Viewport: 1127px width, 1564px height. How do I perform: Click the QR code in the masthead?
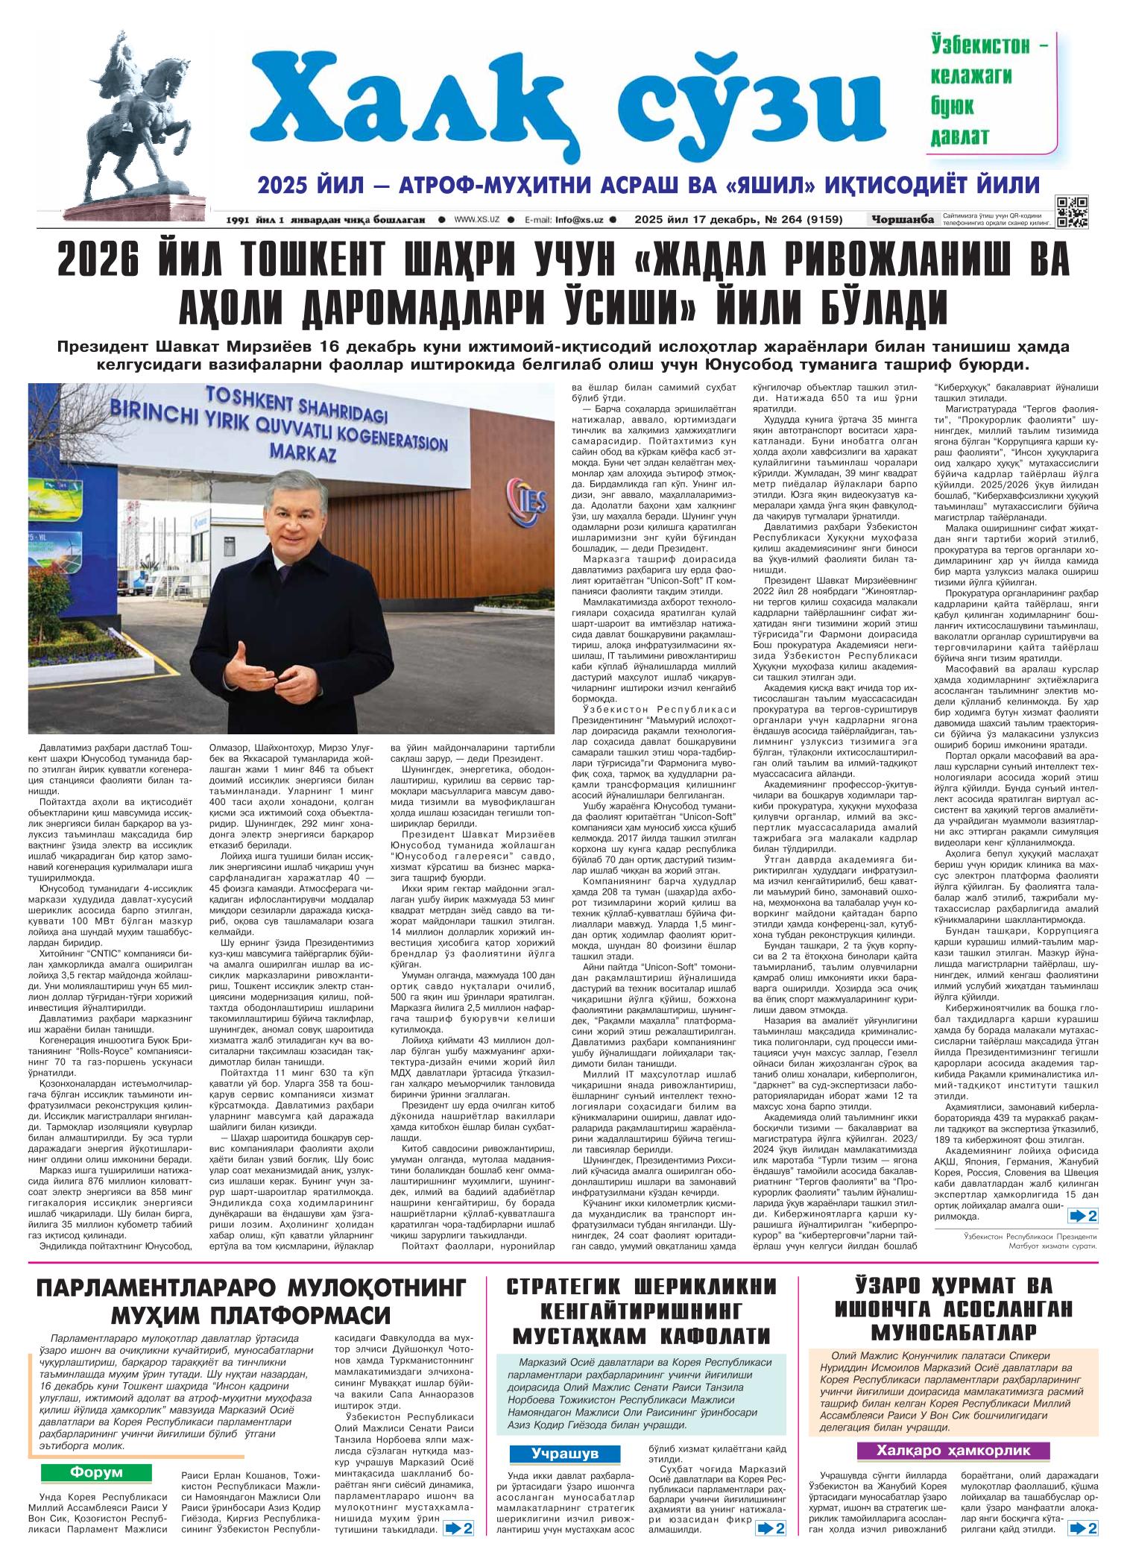coord(1072,211)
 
